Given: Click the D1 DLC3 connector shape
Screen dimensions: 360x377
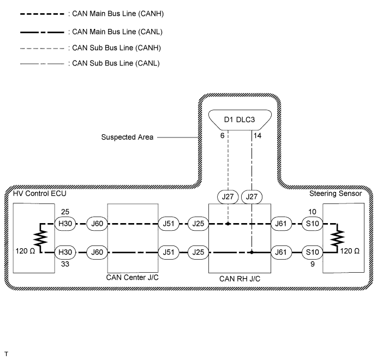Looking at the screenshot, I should point(240,119).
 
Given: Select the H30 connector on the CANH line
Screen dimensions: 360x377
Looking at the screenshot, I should point(65,223).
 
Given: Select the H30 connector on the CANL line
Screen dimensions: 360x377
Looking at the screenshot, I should point(65,253).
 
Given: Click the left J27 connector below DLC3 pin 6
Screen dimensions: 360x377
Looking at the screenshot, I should point(228,196).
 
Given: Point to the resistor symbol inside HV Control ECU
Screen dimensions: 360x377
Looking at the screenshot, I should point(40,238).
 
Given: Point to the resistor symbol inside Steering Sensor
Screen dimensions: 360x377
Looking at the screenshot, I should point(339,238).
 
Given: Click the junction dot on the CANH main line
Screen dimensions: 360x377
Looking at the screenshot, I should point(228,223).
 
